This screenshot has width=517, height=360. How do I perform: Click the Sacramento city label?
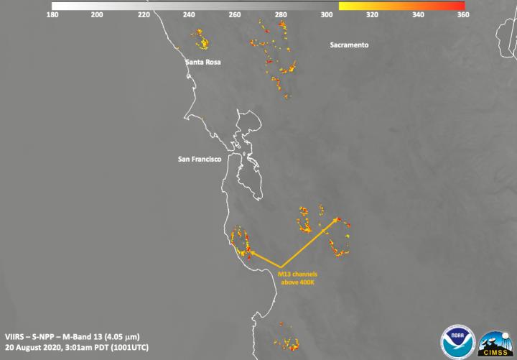click(349, 45)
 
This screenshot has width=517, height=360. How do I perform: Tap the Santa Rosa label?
click(203, 63)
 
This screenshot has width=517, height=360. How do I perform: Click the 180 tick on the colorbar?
click(52, 14)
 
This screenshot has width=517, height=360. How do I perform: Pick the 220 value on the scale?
click(144, 14)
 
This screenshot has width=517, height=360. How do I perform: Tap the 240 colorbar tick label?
click(190, 14)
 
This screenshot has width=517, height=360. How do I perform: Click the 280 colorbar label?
click(281, 14)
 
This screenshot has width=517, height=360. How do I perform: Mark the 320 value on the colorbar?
click(373, 14)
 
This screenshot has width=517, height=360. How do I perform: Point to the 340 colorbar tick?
click(419, 14)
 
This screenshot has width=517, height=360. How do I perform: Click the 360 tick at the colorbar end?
click(465, 14)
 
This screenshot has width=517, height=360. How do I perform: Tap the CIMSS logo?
click(495, 341)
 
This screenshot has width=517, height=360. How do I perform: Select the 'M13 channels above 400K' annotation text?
click(297, 278)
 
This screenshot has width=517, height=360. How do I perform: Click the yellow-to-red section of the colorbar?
click(402, 5)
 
